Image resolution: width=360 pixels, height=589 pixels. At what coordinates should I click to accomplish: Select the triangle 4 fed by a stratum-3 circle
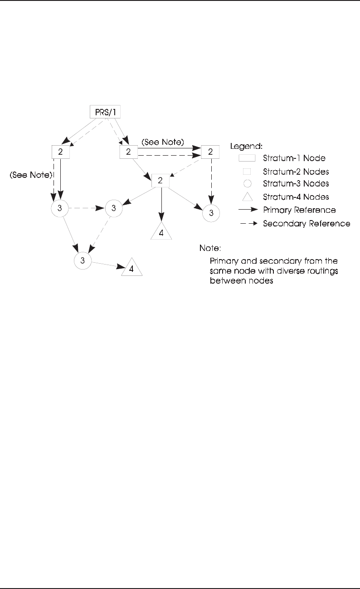[x=131, y=268]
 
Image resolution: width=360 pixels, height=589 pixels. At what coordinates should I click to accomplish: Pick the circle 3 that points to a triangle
[x=83, y=260]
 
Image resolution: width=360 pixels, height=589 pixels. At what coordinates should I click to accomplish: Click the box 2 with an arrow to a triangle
[x=160, y=180]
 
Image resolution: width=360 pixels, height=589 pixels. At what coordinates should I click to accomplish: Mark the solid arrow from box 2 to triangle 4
[x=161, y=204]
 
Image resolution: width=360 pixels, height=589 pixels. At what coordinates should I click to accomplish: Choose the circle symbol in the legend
[x=247, y=184]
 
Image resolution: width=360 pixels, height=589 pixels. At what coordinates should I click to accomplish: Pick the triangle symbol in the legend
[x=247, y=197]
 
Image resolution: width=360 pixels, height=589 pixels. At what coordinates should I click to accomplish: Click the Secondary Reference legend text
[x=306, y=223]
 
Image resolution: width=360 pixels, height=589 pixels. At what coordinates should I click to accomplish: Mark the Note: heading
[x=209, y=249]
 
